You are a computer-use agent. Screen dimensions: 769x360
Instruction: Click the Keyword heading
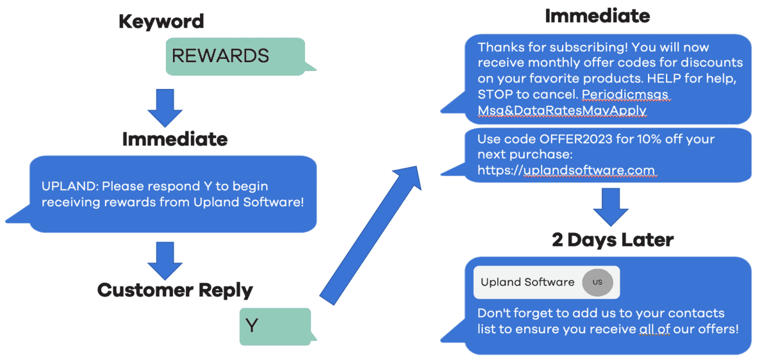(161, 21)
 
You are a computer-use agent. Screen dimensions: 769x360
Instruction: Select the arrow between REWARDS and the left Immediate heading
(165, 108)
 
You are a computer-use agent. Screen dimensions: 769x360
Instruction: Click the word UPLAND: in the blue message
(70, 186)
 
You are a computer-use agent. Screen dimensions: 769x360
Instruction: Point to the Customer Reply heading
(175, 290)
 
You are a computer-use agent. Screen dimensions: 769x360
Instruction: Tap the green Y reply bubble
(276, 326)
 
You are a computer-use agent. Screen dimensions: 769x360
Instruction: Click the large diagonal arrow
(371, 236)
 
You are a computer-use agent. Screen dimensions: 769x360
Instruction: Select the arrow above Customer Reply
(165, 261)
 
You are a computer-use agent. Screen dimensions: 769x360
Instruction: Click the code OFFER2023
(575, 139)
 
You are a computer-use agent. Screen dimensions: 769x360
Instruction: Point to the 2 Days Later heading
(613, 240)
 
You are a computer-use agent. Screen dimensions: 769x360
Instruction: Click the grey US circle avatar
(597, 282)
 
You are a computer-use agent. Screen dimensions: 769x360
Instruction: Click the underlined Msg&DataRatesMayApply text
(562, 111)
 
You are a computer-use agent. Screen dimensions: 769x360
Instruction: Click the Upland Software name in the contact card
(527, 282)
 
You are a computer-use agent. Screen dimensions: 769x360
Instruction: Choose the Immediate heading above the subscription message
(597, 16)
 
